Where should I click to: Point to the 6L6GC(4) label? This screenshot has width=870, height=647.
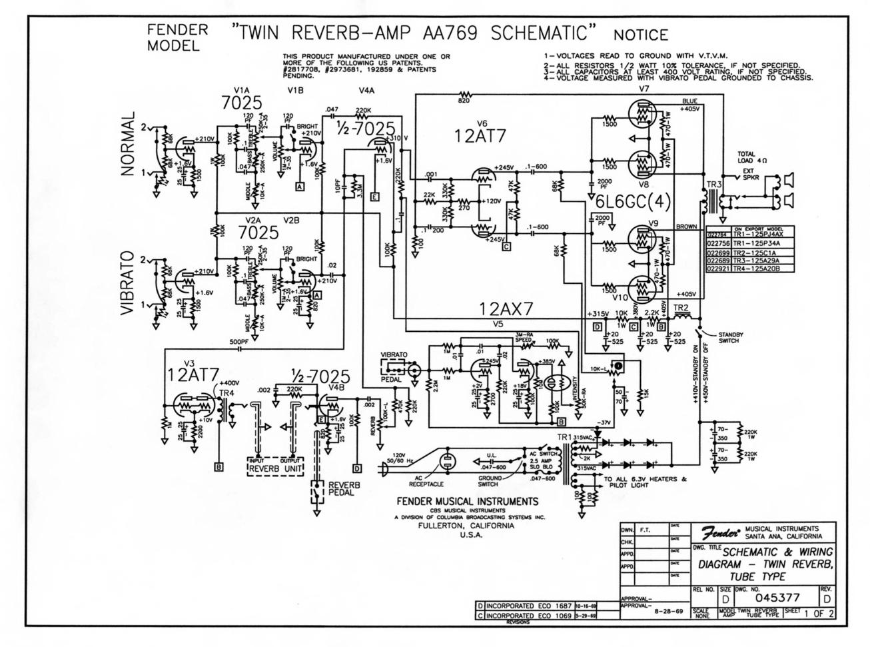630,201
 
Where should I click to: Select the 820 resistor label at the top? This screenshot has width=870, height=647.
464,101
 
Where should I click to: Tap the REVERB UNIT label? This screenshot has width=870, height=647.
276,468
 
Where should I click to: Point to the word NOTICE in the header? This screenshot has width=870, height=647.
641,34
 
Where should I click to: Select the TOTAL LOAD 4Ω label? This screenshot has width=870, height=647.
753,157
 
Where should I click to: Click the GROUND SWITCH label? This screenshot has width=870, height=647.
488,481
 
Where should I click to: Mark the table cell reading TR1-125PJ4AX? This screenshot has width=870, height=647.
753,234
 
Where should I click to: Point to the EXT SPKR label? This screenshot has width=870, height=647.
754,175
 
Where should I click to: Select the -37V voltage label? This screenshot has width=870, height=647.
604,423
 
